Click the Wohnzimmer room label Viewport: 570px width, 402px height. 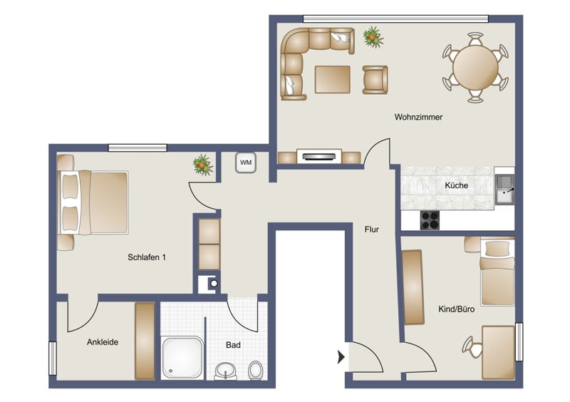pos(418,117)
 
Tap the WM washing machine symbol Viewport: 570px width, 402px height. pos(246,163)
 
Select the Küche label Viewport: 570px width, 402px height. pos(456,185)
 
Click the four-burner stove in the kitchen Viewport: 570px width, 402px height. pos(430,220)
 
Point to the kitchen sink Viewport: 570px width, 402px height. pos(505,189)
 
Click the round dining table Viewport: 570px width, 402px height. pos(475,67)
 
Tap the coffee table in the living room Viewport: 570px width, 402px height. pos(332,79)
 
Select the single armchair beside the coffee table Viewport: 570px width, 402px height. pos(375,80)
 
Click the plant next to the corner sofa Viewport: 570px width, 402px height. pos(373,37)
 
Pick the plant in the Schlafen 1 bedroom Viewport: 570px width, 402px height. pos(203,165)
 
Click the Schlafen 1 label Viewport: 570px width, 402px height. pos(147,257)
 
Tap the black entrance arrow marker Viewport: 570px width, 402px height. pos(341,357)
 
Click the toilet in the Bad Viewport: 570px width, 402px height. pos(255,371)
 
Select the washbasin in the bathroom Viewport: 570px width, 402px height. pos(225,371)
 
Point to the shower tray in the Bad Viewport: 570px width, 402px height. pos(182,357)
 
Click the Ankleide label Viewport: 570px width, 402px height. pos(103,342)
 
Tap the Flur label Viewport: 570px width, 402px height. pos(371,230)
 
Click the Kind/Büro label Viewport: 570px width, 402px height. pos(456,309)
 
